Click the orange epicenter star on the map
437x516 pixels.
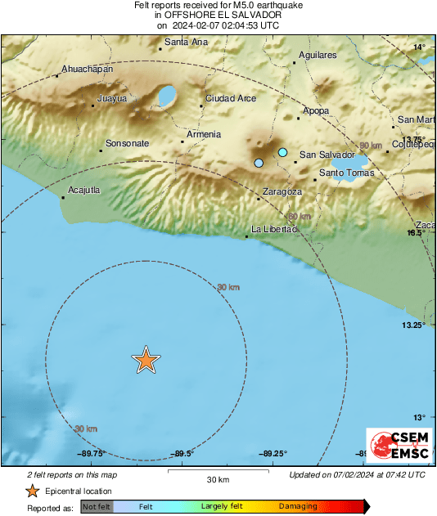(x=146, y=360)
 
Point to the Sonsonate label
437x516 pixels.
(x=127, y=143)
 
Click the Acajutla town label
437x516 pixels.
(x=84, y=190)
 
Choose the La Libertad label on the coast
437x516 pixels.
(x=273, y=229)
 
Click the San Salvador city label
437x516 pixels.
(x=327, y=155)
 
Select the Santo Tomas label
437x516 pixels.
(x=346, y=173)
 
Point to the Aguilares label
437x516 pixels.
(x=318, y=55)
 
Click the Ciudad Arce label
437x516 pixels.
(x=231, y=98)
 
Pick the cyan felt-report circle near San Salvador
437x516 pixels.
(x=283, y=152)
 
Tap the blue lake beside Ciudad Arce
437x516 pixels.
(x=167, y=97)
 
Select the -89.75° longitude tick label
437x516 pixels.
(x=91, y=453)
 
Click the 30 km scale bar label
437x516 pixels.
(x=217, y=479)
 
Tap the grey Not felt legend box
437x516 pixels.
(x=97, y=507)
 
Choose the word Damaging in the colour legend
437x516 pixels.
(x=300, y=507)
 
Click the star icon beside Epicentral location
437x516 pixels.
(x=32, y=491)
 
